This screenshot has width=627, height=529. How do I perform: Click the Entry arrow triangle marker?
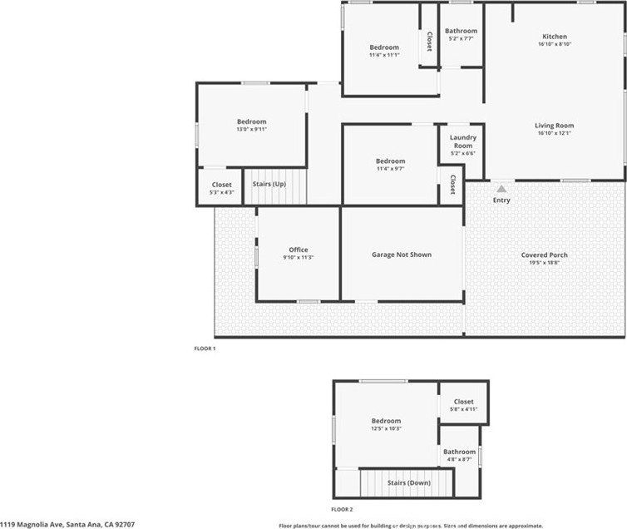click(501, 189)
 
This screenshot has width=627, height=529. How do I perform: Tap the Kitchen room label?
click(555, 37)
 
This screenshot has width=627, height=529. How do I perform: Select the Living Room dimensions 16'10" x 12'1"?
click(554, 133)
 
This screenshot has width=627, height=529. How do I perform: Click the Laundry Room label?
click(463, 141)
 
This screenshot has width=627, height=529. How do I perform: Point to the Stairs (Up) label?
click(269, 185)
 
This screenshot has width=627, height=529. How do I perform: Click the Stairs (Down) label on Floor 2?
click(408, 483)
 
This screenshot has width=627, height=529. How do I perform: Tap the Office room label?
click(299, 250)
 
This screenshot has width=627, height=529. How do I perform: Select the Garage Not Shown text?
click(402, 255)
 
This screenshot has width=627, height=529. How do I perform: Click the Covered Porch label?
click(544, 255)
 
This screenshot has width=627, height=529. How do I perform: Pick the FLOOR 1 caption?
click(205, 349)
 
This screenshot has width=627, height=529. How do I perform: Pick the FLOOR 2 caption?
click(342, 509)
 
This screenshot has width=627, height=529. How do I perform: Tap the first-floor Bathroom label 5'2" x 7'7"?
click(461, 31)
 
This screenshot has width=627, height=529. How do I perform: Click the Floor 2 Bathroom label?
click(460, 452)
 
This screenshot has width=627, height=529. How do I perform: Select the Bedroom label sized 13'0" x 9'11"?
click(251, 121)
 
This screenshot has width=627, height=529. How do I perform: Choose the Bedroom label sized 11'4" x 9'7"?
click(390, 161)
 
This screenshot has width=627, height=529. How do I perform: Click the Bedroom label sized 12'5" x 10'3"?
click(386, 421)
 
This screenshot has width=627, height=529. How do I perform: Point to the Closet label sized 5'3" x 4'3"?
click(221, 185)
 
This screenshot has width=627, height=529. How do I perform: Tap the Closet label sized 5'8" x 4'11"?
click(463, 402)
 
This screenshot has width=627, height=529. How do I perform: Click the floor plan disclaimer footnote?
click(411, 526)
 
